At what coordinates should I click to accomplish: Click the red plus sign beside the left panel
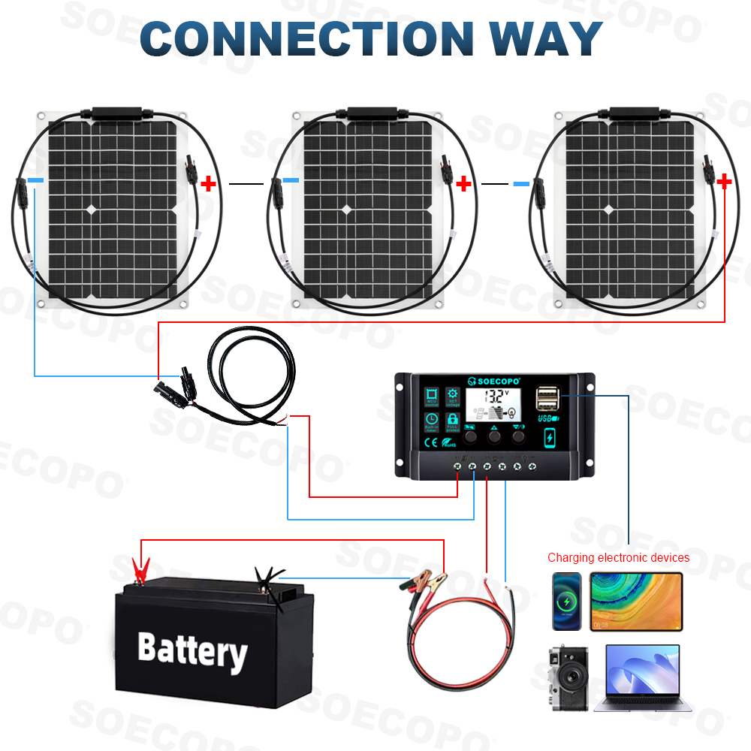click(x=208, y=182)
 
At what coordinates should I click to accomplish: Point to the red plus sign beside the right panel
click(x=724, y=181)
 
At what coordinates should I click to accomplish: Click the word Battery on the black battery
click(x=192, y=650)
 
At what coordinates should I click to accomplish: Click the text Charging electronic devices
click(x=618, y=557)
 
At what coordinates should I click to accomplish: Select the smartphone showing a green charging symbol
click(x=567, y=601)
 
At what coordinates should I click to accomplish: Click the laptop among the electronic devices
click(x=637, y=677)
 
